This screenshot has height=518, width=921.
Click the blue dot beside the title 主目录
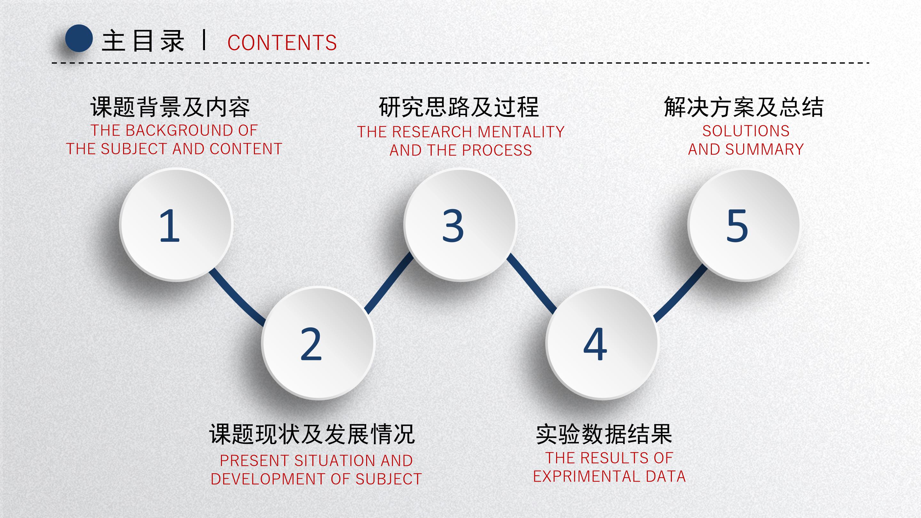pos(79,38)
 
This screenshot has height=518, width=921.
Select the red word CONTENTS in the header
pos(282,43)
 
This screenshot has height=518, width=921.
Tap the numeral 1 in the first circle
pos(169,226)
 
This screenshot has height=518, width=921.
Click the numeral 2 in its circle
pos(311,344)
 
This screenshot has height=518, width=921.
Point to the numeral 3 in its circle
pos(453,226)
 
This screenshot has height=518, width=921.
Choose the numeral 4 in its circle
pos(595,344)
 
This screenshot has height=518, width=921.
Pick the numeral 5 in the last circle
pos(737,226)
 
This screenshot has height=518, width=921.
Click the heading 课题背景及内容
pos(170,107)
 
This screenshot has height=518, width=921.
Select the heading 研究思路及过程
pos(459,107)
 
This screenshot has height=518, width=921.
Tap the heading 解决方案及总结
pos(744,107)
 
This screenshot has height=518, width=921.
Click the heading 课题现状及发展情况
pos(312,434)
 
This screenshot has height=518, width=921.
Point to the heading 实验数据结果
pos(604,434)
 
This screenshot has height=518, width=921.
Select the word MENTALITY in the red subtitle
pos(521,132)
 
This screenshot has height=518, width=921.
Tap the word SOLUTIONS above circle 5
pos(746,131)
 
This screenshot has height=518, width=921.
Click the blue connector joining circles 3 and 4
pos(531,283)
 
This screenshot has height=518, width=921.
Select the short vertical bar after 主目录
pos(204,40)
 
